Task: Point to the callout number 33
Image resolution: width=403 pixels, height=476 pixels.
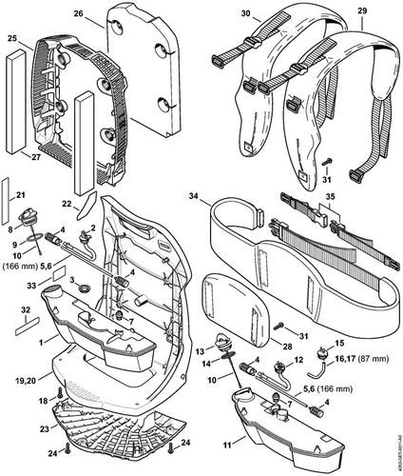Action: tap(30, 285)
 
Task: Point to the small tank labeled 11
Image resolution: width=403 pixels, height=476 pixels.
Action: tap(276, 428)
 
